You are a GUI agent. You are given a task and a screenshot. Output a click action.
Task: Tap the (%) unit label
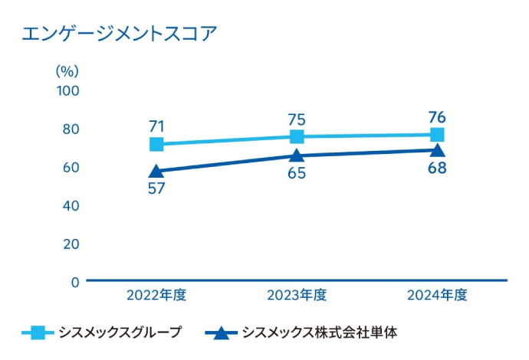tap(67, 70)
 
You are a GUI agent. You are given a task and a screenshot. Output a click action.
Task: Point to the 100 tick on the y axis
tap(68, 90)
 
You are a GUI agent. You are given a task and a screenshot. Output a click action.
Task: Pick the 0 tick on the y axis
tap(75, 282)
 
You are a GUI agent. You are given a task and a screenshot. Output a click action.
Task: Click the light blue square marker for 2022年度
tap(156, 145)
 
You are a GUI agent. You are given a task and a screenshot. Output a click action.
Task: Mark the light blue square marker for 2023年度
tap(297, 137)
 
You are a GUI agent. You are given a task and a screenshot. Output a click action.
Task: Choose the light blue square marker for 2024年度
tap(437, 135)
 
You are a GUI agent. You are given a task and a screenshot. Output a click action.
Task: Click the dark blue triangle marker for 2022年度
tap(156, 172)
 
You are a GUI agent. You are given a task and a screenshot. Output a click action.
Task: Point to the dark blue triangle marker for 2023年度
tap(297, 156)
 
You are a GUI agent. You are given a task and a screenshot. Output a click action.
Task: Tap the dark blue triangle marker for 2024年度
tap(437, 150)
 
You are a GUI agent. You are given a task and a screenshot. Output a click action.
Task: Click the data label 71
tap(156, 126)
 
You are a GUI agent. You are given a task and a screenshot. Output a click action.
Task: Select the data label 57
tap(156, 188)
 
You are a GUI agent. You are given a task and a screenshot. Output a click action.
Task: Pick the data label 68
tap(437, 168)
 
